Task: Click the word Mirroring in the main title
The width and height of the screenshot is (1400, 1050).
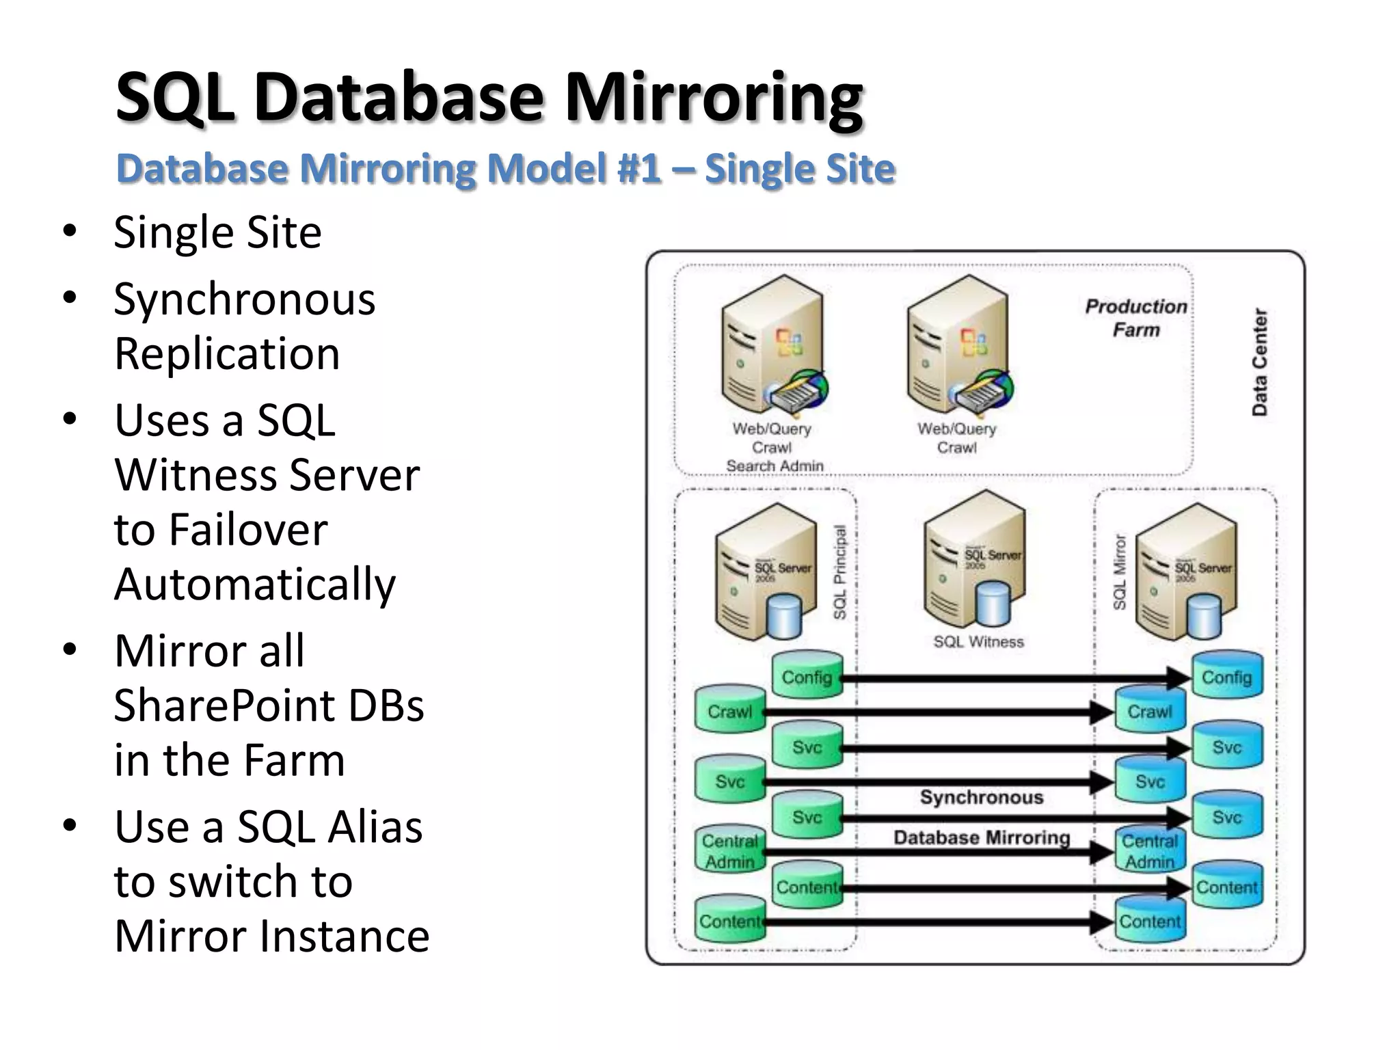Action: pyautogui.click(x=712, y=98)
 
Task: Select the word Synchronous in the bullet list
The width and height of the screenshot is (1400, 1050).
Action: pyautogui.click(x=244, y=299)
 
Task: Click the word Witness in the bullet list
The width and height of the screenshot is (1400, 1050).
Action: pyautogui.click(x=267, y=475)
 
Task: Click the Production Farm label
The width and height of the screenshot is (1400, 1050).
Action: pyautogui.click(x=1135, y=318)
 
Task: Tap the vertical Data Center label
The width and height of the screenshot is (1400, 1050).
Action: pyautogui.click(x=1259, y=362)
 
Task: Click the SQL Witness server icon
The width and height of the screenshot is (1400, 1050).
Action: pyautogui.click(x=974, y=561)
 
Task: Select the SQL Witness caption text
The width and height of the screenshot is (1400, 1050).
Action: pyautogui.click(x=978, y=642)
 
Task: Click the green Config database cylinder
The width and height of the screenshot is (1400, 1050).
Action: pyautogui.click(x=807, y=675)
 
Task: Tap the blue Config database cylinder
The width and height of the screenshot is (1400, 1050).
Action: pyautogui.click(x=1227, y=675)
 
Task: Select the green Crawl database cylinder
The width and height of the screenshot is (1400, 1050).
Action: pyautogui.click(x=729, y=710)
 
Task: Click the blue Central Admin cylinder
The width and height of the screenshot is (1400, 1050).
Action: pyautogui.click(x=1150, y=851)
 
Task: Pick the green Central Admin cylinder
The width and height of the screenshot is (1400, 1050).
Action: pyautogui.click(x=729, y=851)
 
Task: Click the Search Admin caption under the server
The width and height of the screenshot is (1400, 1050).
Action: pyautogui.click(x=774, y=466)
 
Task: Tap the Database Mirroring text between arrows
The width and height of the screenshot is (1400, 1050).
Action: pyautogui.click(x=981, y=837)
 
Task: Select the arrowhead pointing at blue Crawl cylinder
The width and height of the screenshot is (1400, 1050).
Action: pyautogui.click(x=1102, y=712)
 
